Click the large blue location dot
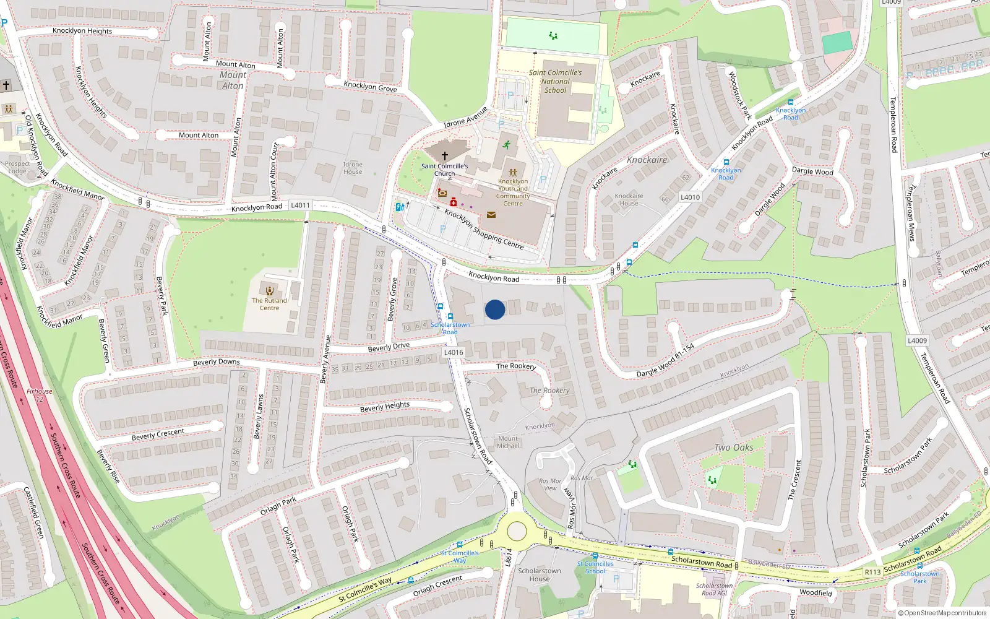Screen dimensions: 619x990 click(x=495, y=309)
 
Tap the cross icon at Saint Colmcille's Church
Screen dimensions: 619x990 click(x=444, y=156)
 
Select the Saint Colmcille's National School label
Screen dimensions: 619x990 click(x=555, y=81)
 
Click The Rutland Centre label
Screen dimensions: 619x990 click(x=269, y=304)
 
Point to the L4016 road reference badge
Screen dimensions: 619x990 click(x=454, y=352)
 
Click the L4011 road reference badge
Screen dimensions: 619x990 click(x=300, y=205)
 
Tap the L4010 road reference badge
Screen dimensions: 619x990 click(x=690, y=197)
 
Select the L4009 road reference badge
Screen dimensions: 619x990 click(x=917, y=340)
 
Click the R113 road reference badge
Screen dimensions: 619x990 click(x=872, y=572)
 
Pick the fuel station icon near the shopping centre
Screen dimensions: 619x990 click(x=400, y=207)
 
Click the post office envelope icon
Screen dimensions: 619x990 click(x=491, y=215)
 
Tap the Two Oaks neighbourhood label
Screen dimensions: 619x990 click(x=734, y=448)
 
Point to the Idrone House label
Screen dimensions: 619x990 click(x=353, y=168)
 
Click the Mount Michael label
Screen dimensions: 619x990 click(x=508, y=442)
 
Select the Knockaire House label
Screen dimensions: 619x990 click(x=629, y=199)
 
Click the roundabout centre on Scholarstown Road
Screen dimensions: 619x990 click(x=517, y=531)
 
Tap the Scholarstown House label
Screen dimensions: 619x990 click(x=540, y=575)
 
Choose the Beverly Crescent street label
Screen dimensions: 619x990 click(x=158, y=434)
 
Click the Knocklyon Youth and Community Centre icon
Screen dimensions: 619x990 click(x=513, y=173)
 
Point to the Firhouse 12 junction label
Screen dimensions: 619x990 click(x=40, y=395)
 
